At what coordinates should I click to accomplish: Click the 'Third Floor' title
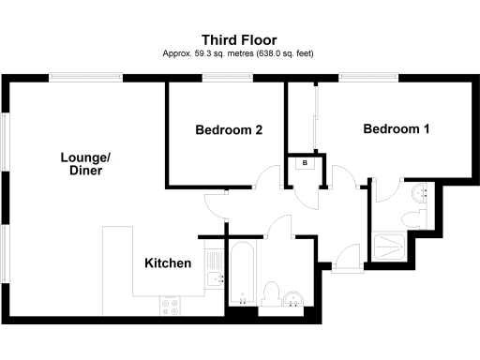point(239,39)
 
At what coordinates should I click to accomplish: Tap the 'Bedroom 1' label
point(396,129)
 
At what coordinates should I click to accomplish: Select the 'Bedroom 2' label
point(228,130)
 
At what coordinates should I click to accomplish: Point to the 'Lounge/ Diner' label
point(79,165)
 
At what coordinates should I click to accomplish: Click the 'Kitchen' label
point(168,263)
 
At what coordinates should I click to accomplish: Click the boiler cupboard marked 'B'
point(305,163)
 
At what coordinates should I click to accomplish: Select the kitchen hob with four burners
point(172,303)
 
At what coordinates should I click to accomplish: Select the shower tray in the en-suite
point(389,246)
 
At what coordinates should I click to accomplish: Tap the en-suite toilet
point(411,218)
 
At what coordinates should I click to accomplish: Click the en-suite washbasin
point(420,192)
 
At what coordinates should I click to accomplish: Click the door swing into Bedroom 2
point(269,178)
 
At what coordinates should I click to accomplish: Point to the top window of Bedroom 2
point(226,82)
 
